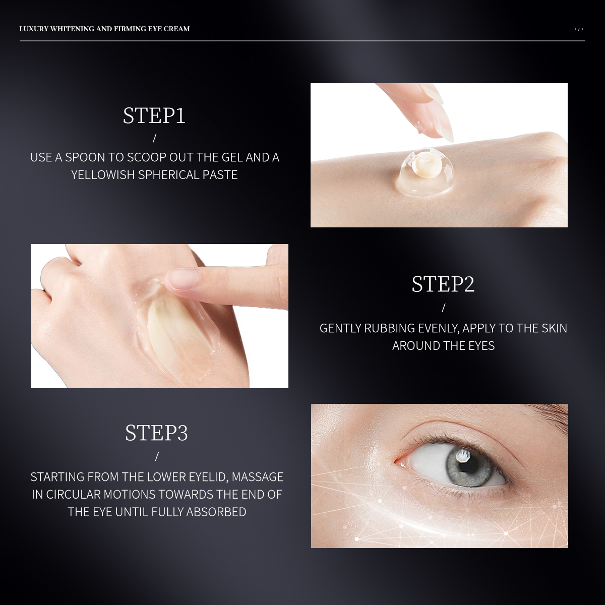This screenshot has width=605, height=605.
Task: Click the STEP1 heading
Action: click(x=154, y=115)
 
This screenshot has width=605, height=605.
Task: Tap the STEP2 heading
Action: click(x=443, y=284)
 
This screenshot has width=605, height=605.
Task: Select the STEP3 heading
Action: click(x=156, y=433)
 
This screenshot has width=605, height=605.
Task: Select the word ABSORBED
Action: click(x=216, y=512)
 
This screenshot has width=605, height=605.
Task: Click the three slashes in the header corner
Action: click(x=579, y=29)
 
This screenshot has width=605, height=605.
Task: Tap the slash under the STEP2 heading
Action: click(x=443, y=308)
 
